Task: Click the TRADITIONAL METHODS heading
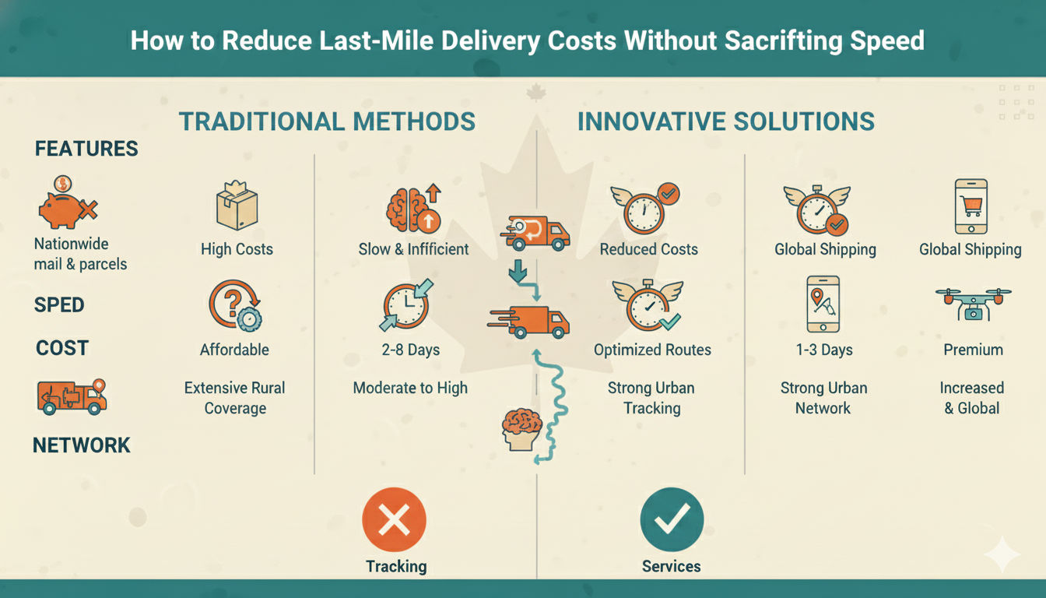[x=327, y=121]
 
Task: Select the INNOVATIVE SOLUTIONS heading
[x=726, y=121]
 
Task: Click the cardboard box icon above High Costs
[x=237, y=206]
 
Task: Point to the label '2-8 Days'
[x=410, y=350]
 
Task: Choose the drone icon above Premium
[x=973, y=303]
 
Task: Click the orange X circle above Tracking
[x=395, y=520]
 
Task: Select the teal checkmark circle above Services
[x=671, y=520]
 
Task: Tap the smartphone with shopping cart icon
[x=971, y=206]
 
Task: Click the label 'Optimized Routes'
[x=652, y=350]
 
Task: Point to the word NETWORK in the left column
[x=82, y=445]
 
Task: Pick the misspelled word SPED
[x=59, y=304]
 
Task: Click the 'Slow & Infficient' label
[x=413, y=250]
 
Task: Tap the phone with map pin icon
[x=823, y=304]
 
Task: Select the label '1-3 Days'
[x=823, y=350]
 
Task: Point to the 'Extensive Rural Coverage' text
[x=234, y=398]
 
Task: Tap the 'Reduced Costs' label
[x=648, y=250]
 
